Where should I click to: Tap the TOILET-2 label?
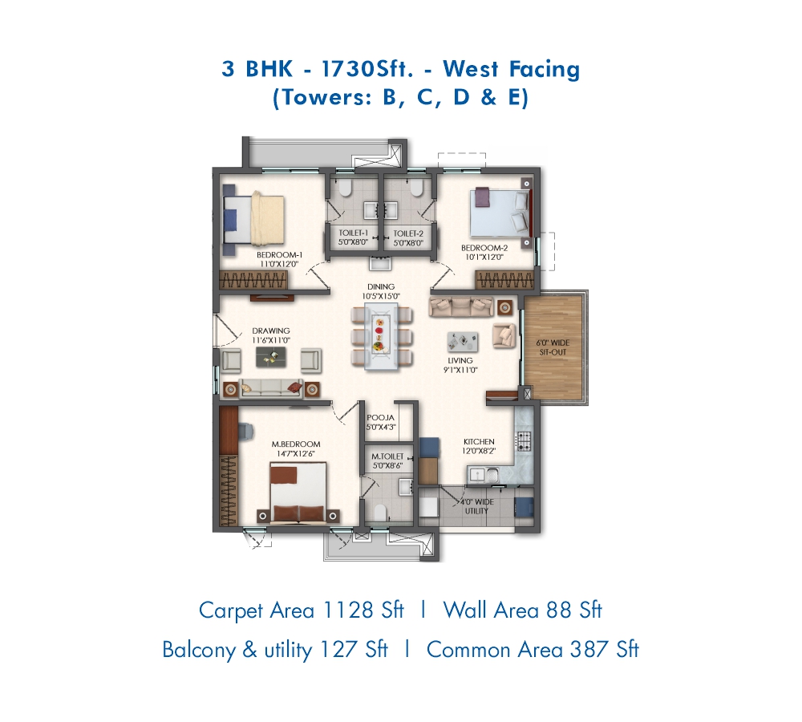(408, 233)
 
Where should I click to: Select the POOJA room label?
(380, 418)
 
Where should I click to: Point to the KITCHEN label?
(479, 441)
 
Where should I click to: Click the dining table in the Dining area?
(381, 336)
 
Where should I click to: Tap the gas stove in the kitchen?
(523, 441)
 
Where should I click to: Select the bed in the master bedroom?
(298, 493)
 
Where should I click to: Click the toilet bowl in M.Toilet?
(379, 512)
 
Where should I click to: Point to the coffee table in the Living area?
(463, 342)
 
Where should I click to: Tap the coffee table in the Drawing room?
(271, 357)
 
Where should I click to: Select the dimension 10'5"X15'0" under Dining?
(381, 296)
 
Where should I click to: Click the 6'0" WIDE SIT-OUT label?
(553, 347)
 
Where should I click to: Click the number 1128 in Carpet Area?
(348, 610)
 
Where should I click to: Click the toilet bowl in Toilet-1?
(345, 189)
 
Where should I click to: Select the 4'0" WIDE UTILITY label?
(476, 506)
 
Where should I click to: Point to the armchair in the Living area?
(504, 335)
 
